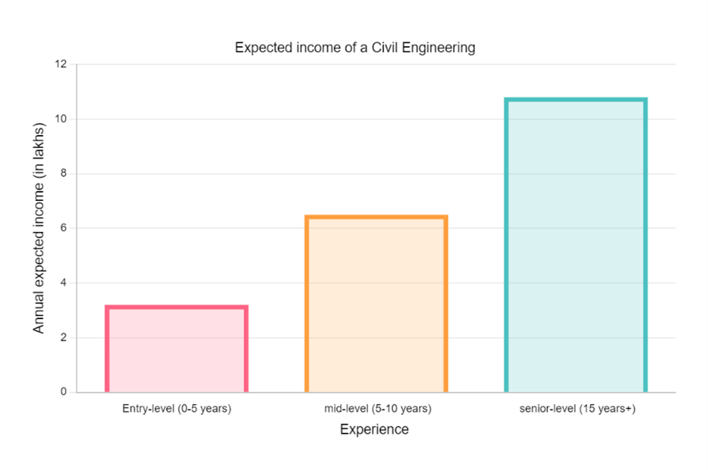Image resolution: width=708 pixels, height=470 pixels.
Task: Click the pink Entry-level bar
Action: tap(177, 349)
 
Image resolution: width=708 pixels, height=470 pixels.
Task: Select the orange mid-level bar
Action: tap(376, 305)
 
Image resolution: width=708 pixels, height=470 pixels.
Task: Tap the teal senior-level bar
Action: tap(575, 246)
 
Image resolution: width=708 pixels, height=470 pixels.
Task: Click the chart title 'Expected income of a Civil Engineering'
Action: tap(355, 48)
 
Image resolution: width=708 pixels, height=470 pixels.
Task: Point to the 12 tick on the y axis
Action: tap(61, 65)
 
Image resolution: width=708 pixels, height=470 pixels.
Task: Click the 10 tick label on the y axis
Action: tap(61, 119)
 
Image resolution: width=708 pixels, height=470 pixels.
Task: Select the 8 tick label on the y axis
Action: tap(64, 174)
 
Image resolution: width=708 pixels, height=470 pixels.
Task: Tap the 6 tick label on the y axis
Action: tap(64, 228)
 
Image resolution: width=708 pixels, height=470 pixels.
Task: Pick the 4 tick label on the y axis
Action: tap(64, 283)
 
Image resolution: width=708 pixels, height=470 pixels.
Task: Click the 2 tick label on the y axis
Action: tap(64, 337)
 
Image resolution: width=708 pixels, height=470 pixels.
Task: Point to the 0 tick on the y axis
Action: tap(64, 392)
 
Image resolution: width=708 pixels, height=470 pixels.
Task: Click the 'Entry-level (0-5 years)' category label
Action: tap(177, 409)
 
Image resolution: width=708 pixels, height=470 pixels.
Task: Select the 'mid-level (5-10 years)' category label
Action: tap(377, 409)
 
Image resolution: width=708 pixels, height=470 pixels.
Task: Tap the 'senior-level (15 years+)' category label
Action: tap(577, 409)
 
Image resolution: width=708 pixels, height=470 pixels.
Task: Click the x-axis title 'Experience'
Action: tap(374, 430)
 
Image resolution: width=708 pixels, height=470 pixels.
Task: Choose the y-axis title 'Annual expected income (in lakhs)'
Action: tap(39, 228)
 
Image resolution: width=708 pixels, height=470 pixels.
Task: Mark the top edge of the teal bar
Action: tap(575, 99)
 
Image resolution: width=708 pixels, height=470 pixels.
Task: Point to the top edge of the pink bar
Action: tap(177, 307)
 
